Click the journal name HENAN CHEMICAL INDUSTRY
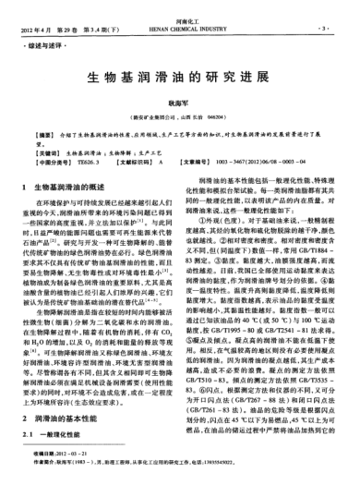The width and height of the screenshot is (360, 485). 180,17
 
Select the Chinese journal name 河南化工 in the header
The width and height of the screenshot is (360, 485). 180,9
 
